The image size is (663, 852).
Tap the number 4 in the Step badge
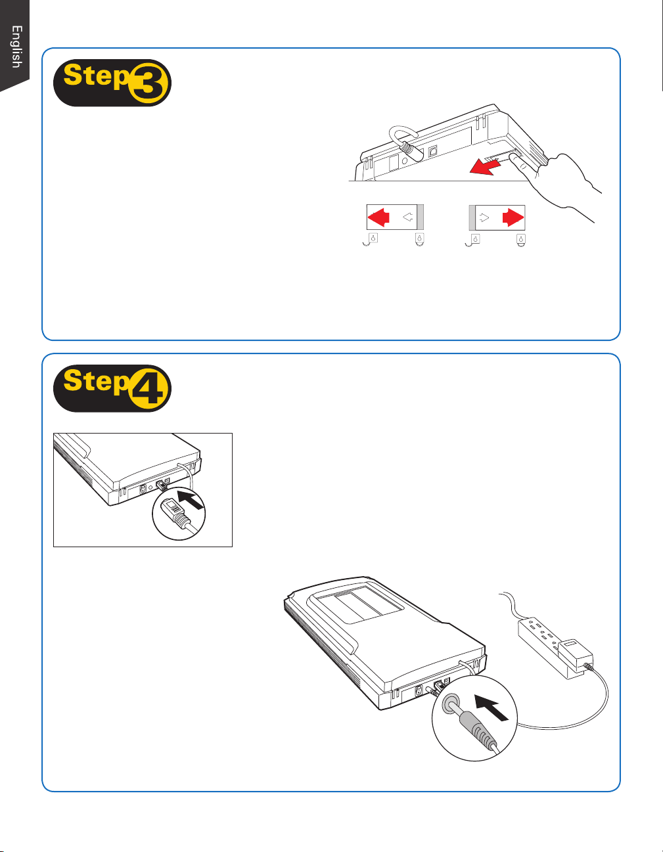pyautogui.click(x=150, y=390)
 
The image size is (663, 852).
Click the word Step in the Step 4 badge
pyautogui.click(x=97, y=382)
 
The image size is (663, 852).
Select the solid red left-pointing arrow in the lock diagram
pyautogui.click(x=378, y=217)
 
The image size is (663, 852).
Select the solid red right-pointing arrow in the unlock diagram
pyautogui.click(x=513, y=217)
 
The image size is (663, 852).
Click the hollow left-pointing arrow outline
pyautogui.click(x=408, y=217)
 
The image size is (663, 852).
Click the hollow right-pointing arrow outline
pyautogui.click(x=485, y=217)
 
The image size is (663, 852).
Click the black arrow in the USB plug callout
pyautogui.click(x=191, y=499)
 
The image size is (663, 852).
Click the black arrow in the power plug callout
pyautogui.click(x=492, y=707)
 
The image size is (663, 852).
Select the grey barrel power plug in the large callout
pyautogui.click(x=477, y=728)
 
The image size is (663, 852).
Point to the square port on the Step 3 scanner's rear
pyautogui.click(x=433, y=151)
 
